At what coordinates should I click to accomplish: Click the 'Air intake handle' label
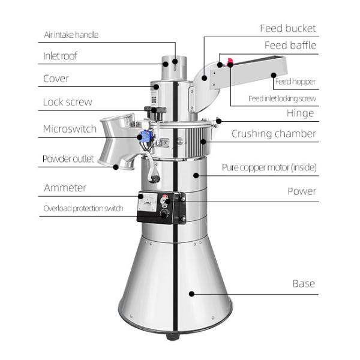coord(71,35)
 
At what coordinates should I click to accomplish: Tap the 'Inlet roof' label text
coord(60,56)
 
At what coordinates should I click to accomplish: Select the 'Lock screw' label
coord(67,102)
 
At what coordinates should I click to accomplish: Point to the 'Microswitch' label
coord(69,129)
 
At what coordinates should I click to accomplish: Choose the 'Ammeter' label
coord(65,188)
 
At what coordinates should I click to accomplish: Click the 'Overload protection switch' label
coord(83,209)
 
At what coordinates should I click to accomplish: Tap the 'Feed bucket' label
coord(287,28)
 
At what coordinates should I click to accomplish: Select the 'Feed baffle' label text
coord(290,46)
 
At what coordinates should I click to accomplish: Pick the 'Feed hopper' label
coord(295,82)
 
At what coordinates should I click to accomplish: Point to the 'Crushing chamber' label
coord(274,134)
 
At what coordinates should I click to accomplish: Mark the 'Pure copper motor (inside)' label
coord(269,167)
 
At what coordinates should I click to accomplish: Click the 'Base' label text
coord(303,283)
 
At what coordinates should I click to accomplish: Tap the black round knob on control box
coord(164,213)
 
